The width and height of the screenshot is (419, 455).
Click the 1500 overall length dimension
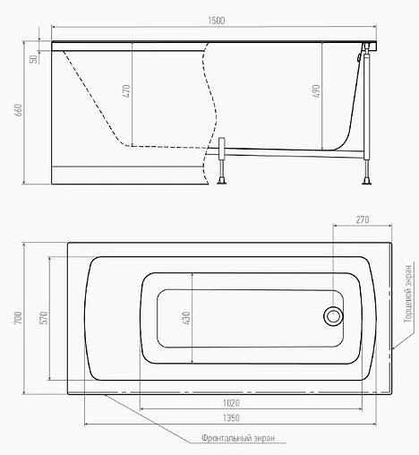point(217,21)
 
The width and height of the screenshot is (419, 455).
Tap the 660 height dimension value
point(18,110)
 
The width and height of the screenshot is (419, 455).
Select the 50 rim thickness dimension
point(34,59)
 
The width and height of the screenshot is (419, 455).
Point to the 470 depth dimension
point(126,91)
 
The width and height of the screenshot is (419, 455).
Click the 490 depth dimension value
point(316,90)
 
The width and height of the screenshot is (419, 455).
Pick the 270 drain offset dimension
point(363,219)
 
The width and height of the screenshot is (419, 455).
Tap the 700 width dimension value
point(18,318)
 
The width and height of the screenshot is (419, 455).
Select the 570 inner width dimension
point(44,318)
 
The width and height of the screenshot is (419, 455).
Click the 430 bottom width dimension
point(186,318)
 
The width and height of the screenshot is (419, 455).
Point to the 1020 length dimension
point(231,403)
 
